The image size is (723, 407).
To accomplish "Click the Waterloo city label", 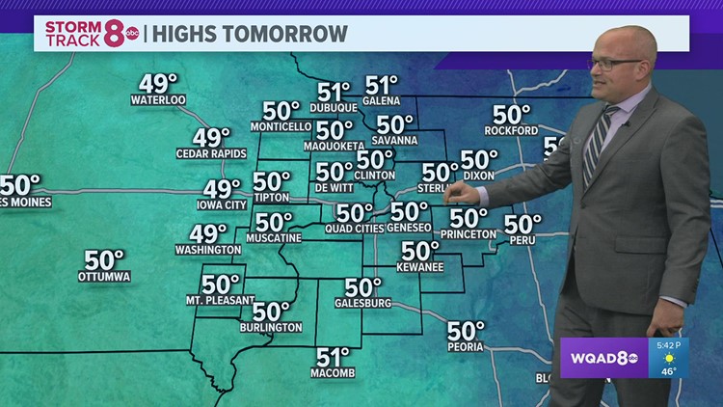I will point(158,100).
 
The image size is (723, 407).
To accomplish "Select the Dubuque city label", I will point(335,109).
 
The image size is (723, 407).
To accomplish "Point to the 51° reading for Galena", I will point(382,86).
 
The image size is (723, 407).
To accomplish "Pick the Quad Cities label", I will point(355,229).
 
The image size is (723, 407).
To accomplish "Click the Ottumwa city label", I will point(104,277).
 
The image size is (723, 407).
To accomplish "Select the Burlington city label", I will point(271,328).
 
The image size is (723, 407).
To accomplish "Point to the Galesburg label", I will point(362,303).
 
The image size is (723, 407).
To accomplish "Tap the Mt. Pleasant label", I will point(220,300).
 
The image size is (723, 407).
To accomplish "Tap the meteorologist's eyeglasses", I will point(615,64).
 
